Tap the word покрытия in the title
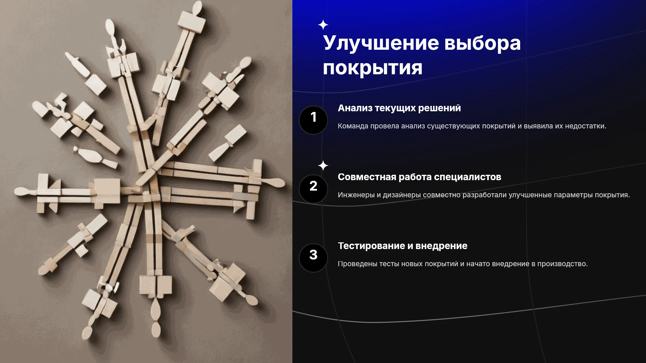click(x=372, y=68)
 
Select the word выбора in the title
click(x=482, y=43)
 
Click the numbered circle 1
click(x=313, y=120)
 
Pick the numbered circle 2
click(x=313, y=189)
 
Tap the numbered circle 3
click(x=313, y=258)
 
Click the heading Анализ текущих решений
click(x=399, y=108)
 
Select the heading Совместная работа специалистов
click(x=420, y=177)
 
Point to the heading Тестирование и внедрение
click(x=403, y=246)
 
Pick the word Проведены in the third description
click(x=357, y=264)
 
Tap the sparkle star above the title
click(x=323, y=25)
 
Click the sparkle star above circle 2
click(x=323, y=166)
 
